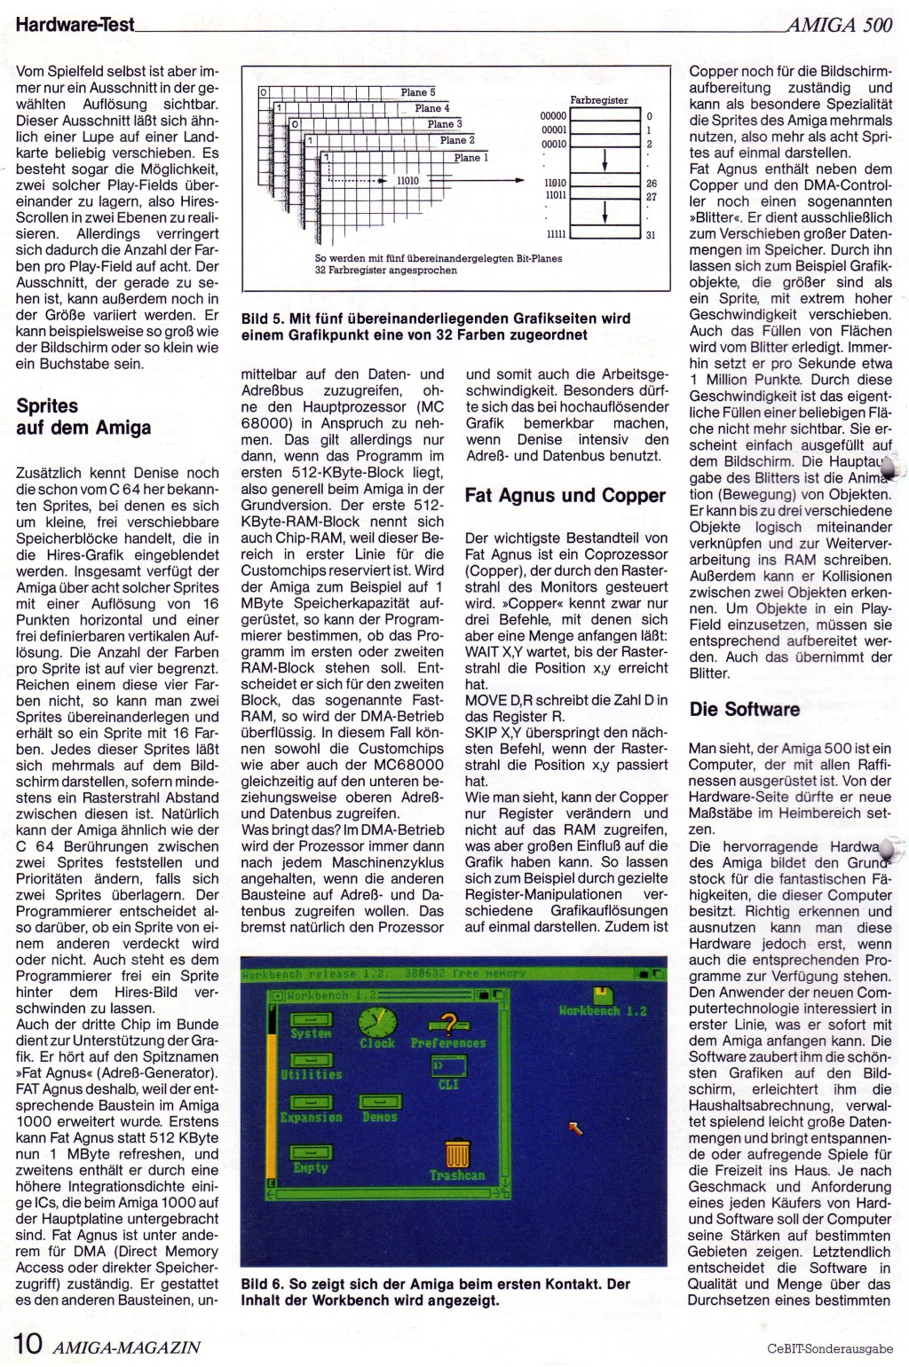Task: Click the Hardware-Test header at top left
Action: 75,24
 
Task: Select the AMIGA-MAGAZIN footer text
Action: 126,1347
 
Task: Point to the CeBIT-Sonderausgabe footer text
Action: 829,1349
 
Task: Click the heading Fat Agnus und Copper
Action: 565,496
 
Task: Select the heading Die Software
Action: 744,709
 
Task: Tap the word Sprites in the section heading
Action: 48,406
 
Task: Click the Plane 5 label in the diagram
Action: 418,92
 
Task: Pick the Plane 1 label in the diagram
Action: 471,157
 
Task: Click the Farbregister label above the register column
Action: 599,101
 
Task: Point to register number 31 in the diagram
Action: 651,235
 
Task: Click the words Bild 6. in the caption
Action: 263,1284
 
